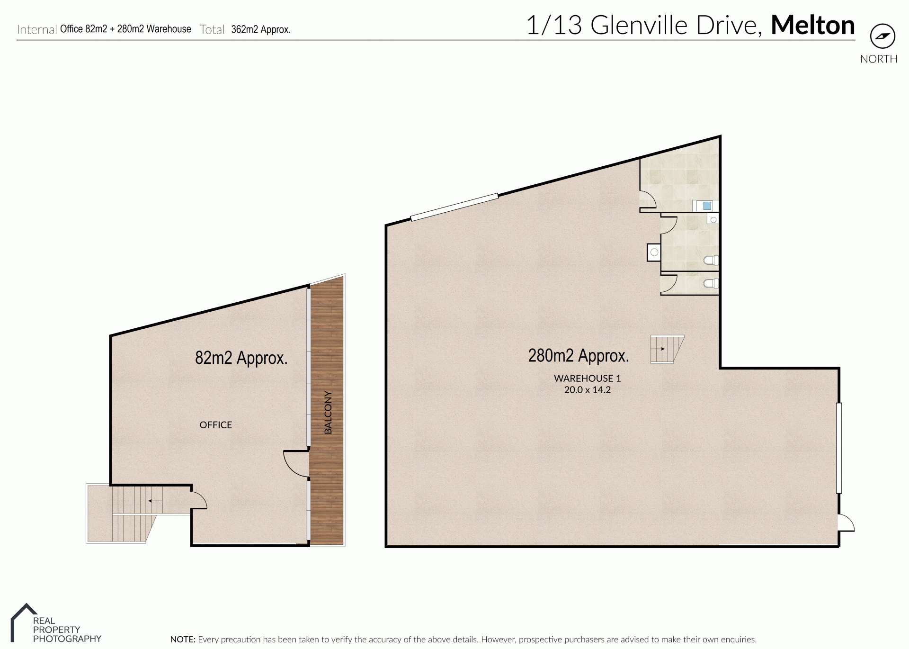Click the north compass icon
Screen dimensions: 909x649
(882, 36)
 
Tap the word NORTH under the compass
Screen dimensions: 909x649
(879, 59)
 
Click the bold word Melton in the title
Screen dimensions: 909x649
(813, 25)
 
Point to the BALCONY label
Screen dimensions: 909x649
(328, 412)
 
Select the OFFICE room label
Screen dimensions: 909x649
(216, 425)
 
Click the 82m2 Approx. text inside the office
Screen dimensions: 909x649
(241, 358)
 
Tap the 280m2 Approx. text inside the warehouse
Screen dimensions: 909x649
(579, 356)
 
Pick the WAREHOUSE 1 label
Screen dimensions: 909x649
(587, 379)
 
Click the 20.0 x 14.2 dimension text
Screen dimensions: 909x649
(587, 390)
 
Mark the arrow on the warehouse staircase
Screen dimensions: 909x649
(658, 349)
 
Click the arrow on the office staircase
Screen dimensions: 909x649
(155, 501)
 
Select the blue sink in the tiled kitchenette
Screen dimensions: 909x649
(707, 206)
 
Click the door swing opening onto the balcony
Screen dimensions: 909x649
(296, 463)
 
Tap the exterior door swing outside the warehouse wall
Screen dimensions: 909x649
(847, 523)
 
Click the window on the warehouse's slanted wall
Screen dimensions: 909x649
(454, 207)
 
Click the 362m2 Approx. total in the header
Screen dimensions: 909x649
(261, 29)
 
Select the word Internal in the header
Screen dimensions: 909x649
(37, 30)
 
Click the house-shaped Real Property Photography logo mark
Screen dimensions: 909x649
(22, 622)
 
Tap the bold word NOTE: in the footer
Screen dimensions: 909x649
(183, 640)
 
